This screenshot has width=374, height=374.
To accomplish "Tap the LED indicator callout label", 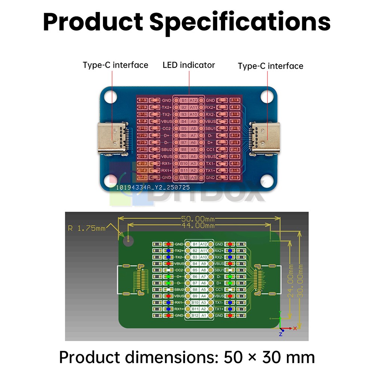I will [x=189, y=65].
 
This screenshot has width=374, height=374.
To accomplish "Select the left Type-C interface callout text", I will [x=116, y=65].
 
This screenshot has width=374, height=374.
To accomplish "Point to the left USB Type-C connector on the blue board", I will [x=111, y=138].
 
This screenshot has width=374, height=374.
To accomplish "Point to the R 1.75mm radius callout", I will [x=87, y=228].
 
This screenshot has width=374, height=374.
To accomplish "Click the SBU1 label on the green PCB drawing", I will [x=219, y=270].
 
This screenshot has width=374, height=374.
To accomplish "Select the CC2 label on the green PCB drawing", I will [x=179, y=270].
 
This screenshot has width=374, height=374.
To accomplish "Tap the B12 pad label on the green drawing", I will [x=195, y=316].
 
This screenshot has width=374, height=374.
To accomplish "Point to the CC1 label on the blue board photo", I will [x=211, y=150].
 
